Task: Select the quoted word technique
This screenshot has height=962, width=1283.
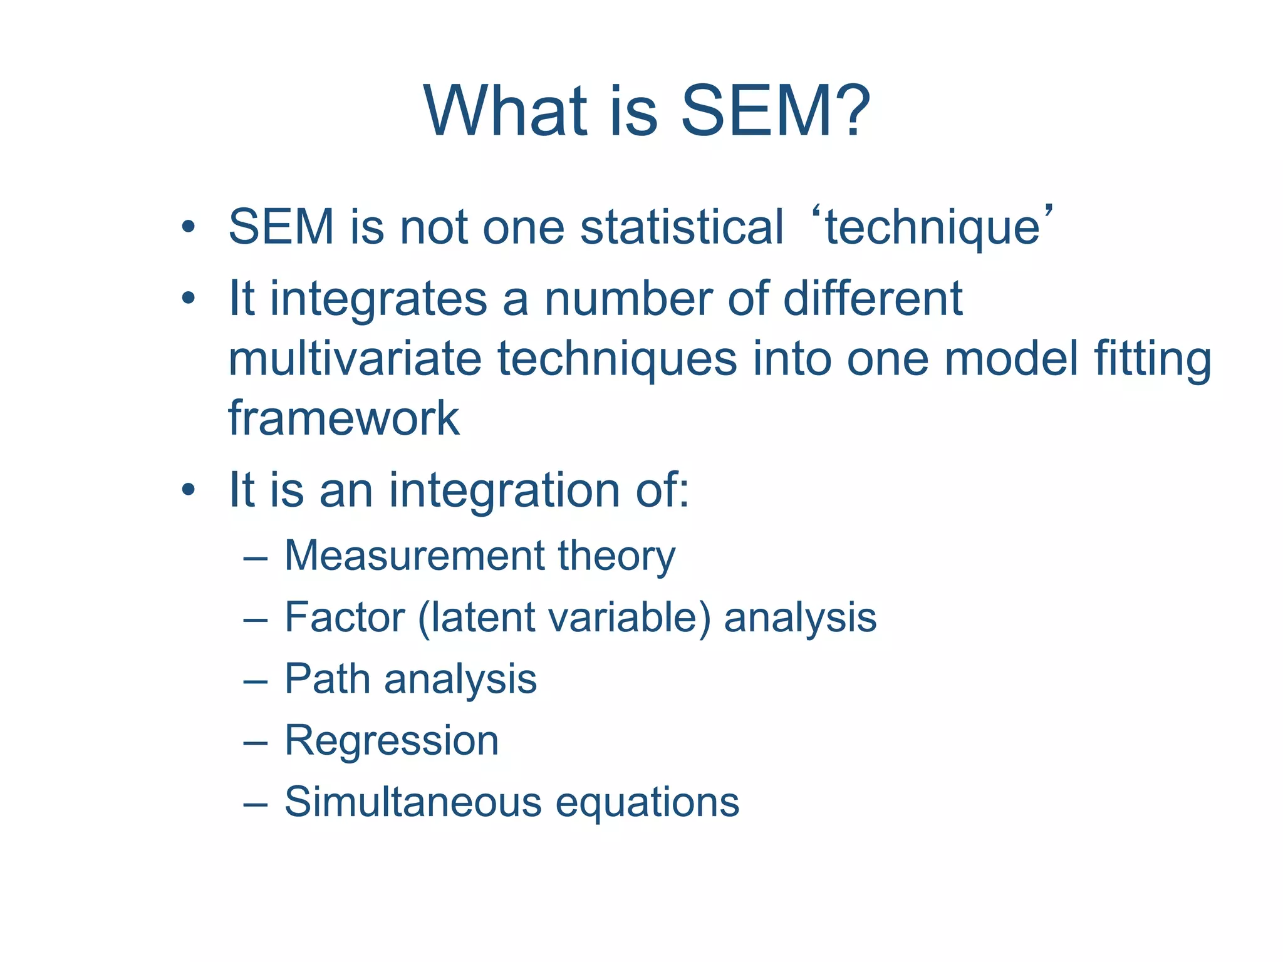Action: coord(932,228)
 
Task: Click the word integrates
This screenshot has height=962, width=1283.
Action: coord(378,299)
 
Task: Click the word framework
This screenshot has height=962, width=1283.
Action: coord(343,418)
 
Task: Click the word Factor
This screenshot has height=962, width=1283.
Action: coord(345,618)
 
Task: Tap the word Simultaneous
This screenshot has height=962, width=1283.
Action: coord(413,802)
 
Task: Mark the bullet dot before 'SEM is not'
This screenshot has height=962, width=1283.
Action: coord(189,227)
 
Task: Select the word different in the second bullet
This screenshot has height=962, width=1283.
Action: coord(873,299)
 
